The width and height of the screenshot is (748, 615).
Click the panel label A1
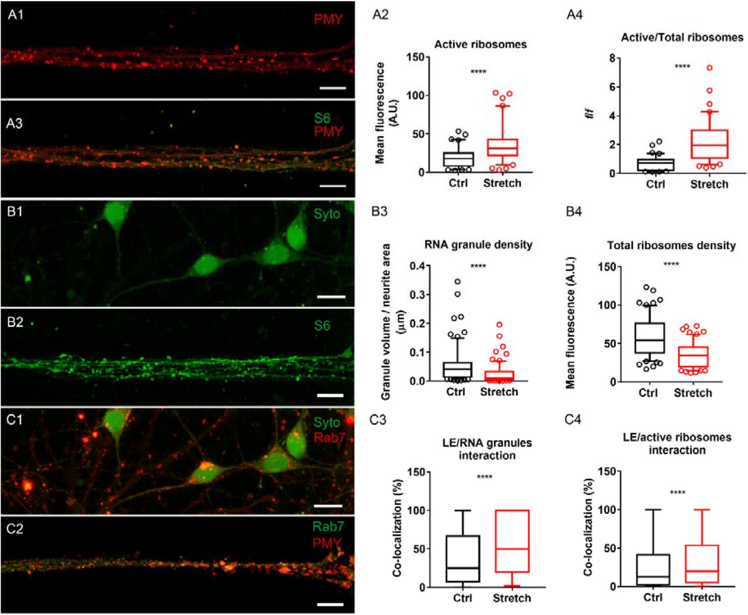click(16, 14)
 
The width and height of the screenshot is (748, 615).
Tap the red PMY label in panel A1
click(328, 19)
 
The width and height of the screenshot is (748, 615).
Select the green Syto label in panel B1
click(326, 214)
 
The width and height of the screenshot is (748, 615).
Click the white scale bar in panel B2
click(331, 395)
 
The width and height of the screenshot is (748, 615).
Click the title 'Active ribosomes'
click(480, 44)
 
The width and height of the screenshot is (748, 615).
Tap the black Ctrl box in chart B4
click(648, 338)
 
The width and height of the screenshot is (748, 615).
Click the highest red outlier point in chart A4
click(709, 68)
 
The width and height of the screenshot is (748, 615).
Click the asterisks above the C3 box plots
click(484, 478)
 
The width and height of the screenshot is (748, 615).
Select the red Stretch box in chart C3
click(512, 541)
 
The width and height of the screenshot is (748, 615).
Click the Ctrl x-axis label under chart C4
click(653, 597)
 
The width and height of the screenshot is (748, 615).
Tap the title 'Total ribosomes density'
click(671, 246)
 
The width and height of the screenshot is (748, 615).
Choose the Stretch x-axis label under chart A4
click(709, 184)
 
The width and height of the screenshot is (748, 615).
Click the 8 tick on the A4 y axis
click(612, 58)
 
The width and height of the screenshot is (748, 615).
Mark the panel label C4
click(574, 420)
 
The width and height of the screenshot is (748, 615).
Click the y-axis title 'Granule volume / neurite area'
click(386, 322)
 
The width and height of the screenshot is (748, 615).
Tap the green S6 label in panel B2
click(322, 326)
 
